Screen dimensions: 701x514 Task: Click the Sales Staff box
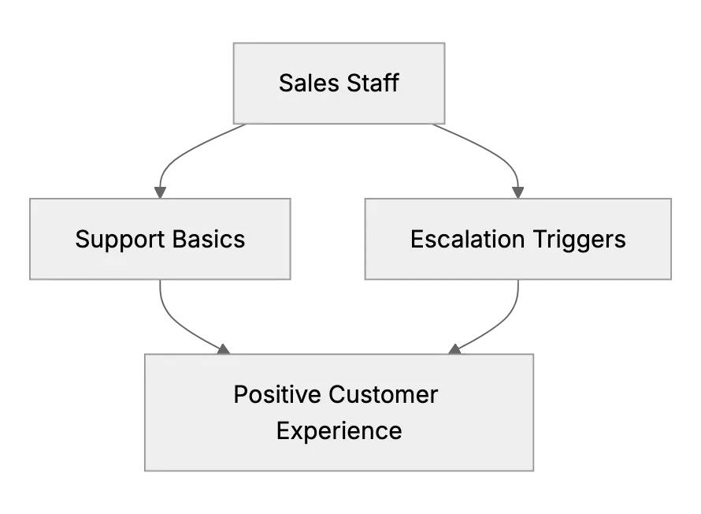point(339,84)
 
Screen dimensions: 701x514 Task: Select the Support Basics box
point(160,239)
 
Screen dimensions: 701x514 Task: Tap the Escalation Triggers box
point(517,239)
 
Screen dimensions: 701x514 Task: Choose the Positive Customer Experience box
point(339,412)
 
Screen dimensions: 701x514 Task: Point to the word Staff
point(373,84)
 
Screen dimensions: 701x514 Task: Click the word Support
point(120,240)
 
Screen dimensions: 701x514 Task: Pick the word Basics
point(209,239)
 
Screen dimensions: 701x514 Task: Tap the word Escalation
point(468,239)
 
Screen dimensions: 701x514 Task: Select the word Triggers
point(580,240)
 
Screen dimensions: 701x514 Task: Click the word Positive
point(277,394)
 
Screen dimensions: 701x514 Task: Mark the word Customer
point(384,394)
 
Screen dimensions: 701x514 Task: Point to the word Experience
point(339,431)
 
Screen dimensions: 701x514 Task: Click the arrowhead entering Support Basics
point(160,193)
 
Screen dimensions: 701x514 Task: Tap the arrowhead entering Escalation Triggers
point(517,193)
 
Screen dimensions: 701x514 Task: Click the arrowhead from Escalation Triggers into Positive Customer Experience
point(454,349)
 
